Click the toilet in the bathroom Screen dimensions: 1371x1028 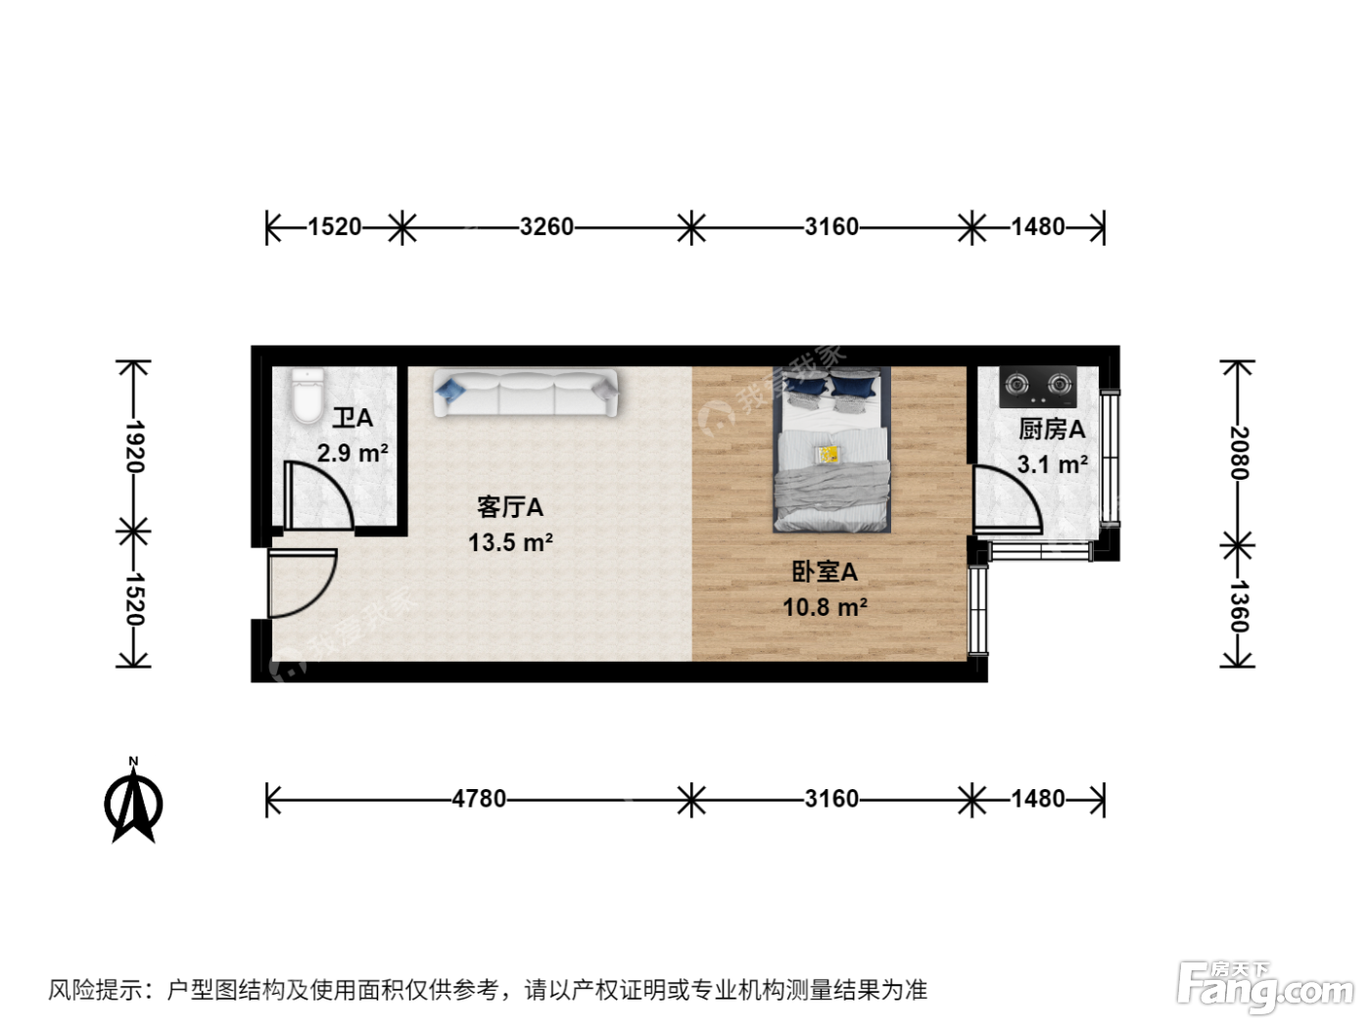(x=307, y=395)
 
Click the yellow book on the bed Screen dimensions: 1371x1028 (x=828, y=453)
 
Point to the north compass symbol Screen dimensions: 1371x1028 (x=133, y=802)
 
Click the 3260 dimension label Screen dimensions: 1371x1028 (x=546, y=226)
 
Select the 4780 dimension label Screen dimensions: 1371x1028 (x=479, y=798)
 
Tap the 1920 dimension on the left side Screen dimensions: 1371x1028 (x=134, y=445)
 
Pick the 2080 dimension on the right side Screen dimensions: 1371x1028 (x=1239, y=452)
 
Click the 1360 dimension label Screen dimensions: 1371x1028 (x=1239, y=606)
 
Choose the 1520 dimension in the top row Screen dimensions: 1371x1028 (x=335, y=226)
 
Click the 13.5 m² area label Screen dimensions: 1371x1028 (x=510, y=542)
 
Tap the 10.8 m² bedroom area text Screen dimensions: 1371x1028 (x=826, y=607)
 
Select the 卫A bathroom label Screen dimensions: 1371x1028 (x=353, y=418)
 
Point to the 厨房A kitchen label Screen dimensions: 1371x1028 (x=1052, y=430)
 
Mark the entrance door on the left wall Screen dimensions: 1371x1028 (x=303, y=583)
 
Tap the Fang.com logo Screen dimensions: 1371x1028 (x=1264, y=989)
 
